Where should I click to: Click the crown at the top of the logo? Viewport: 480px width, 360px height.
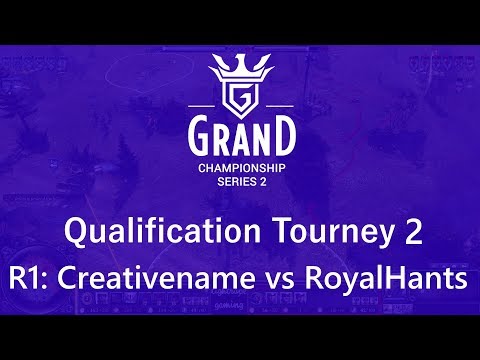240,67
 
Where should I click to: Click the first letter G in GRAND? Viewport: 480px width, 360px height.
198,135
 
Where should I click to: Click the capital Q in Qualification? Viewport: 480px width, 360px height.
76,233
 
